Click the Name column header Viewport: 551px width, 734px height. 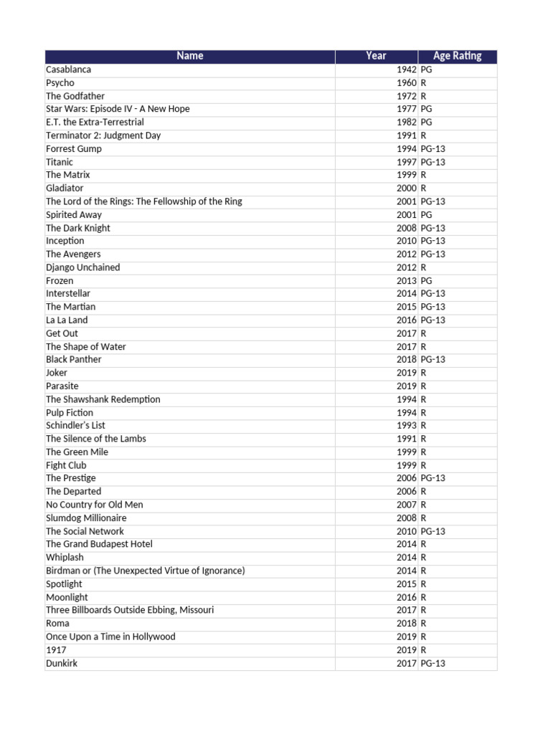[190, 56]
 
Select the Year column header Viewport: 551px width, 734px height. [376, 56]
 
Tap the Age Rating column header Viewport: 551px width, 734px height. [457, 56]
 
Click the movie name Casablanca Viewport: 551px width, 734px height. [69, 70]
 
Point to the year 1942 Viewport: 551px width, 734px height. [406, 70]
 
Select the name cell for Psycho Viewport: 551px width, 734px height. [60, 83]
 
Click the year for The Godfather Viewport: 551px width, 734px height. [406, 96]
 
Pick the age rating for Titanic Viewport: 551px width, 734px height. [433, 162]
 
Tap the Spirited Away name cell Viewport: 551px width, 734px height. [74, 215]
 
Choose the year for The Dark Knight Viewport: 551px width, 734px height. [406, 228]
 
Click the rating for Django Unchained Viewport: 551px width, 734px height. [424, 267]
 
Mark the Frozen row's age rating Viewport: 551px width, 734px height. [427, 281]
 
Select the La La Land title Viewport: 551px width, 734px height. [67, 320]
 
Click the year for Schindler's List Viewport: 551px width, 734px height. [406, 426]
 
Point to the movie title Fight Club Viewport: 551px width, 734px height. [66, 465]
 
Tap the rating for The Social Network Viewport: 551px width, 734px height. [433, 531]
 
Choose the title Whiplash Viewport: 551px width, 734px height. [65, 558]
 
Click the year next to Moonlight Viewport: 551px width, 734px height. [406, 597]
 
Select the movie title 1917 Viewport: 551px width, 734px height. [56, 650]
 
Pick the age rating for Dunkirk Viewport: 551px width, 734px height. [433, 664]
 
